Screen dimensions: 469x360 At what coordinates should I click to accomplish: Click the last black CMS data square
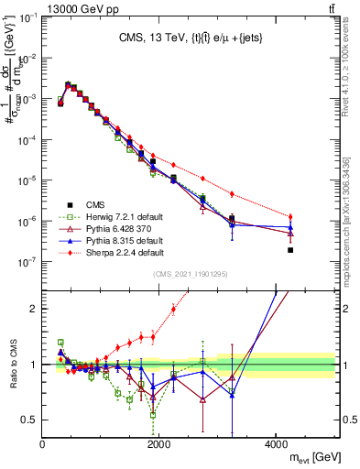click(x=290, y=250)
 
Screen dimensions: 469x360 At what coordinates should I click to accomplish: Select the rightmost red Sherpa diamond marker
click(x=290, y=216)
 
